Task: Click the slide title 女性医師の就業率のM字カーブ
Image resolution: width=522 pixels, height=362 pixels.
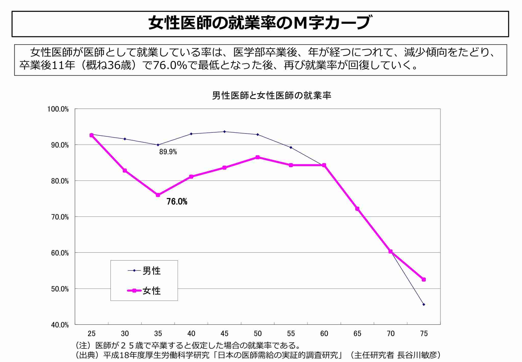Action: [x=259, y=23]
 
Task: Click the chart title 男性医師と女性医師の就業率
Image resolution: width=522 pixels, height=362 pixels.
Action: [x=271, y=96]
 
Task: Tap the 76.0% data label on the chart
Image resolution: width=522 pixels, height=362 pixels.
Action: [x=177, y=202]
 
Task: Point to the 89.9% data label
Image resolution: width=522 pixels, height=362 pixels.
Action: [x=168, y=152]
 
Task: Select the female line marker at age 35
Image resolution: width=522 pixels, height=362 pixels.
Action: [x=158, y=195]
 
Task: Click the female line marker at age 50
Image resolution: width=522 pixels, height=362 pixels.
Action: [x=258, y=157]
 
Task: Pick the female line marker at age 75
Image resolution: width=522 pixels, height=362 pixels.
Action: [x=424, y=280]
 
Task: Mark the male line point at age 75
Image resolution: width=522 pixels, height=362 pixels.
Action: [x=424, y=305]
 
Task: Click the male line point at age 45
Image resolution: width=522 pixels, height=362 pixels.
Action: [x=224, y=131]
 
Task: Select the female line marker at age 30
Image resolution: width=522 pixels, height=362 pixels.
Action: [x=125, y=171]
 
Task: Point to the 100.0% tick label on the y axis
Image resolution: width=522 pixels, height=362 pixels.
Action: [x=58, y=109]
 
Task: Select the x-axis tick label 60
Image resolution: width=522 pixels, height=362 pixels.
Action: [x=324, y=333]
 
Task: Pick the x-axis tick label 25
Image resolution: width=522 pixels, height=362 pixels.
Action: [x=92, y=333]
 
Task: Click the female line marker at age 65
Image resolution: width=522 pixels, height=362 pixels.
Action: [x=357, y=209]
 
